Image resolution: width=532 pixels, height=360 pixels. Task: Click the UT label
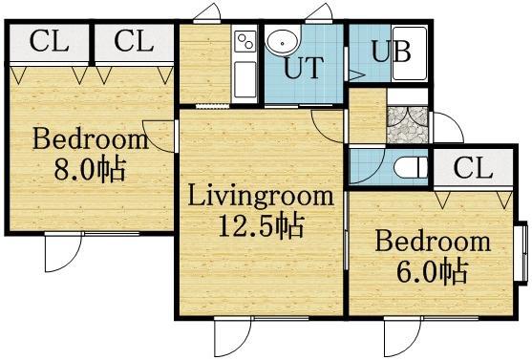point(304,71)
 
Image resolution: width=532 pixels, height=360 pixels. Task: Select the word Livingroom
point(260,198)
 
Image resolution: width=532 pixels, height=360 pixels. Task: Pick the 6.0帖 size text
point(432,270)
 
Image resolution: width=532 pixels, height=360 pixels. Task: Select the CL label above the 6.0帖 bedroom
point(472,169)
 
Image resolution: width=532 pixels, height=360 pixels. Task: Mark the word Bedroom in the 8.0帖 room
point(90,140)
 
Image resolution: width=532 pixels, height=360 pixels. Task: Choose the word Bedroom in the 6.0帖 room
point(432,241)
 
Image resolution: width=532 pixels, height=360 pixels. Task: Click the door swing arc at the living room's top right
point(326,120)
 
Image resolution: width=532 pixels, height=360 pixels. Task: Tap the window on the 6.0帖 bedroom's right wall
point(521,252)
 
